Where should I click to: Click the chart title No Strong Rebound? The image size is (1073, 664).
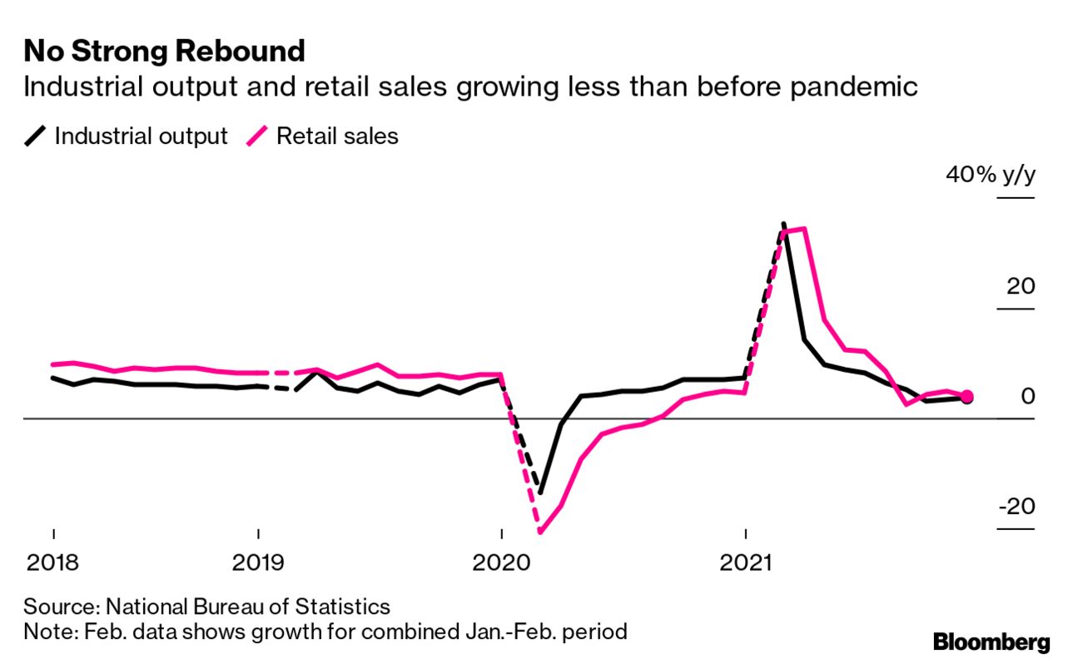[x=164, y=52]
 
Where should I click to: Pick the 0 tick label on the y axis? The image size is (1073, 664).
[x=1028, y=396]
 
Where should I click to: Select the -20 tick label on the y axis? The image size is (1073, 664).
[x=1016, y=506]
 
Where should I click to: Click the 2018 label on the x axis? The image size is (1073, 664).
[x=53, y=562]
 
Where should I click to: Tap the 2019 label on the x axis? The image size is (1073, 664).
[x=259, y=562]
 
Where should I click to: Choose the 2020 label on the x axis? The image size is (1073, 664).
[x=501, y=562]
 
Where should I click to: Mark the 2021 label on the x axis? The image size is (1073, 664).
[x=746, y=562]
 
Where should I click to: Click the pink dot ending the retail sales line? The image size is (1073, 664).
[x=966, y=397]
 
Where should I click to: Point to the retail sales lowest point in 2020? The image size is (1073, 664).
[x=540, y=531]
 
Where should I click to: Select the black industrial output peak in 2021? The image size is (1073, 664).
[x=783, y=224]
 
